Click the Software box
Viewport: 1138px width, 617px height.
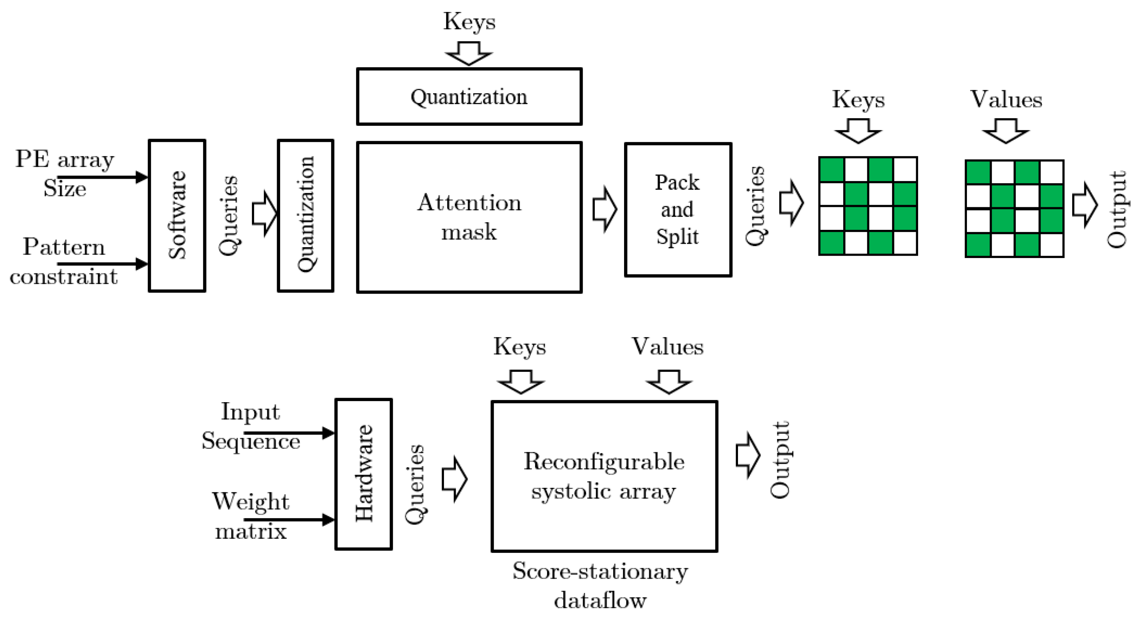tap(177, 216)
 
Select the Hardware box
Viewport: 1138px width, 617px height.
tap(363, 474)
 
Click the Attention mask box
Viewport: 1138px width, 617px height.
tap(469, 217)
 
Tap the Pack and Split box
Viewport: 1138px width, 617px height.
tap(678, 210)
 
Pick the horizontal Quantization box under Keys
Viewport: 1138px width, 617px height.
tap(469, 97)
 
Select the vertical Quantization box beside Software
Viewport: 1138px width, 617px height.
tap(305, 216)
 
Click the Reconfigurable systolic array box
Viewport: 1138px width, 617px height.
tap(604, 476)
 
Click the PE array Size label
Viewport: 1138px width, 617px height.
tap(65, 173)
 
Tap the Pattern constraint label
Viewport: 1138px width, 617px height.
tap(64, 261)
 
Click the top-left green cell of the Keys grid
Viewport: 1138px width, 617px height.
tap(831, 169)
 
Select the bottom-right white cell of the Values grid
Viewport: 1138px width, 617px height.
tap(1051, 244)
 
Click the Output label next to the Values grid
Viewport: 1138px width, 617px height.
tap(1116, 209)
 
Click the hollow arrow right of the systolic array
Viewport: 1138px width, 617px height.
tap(747, 455)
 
